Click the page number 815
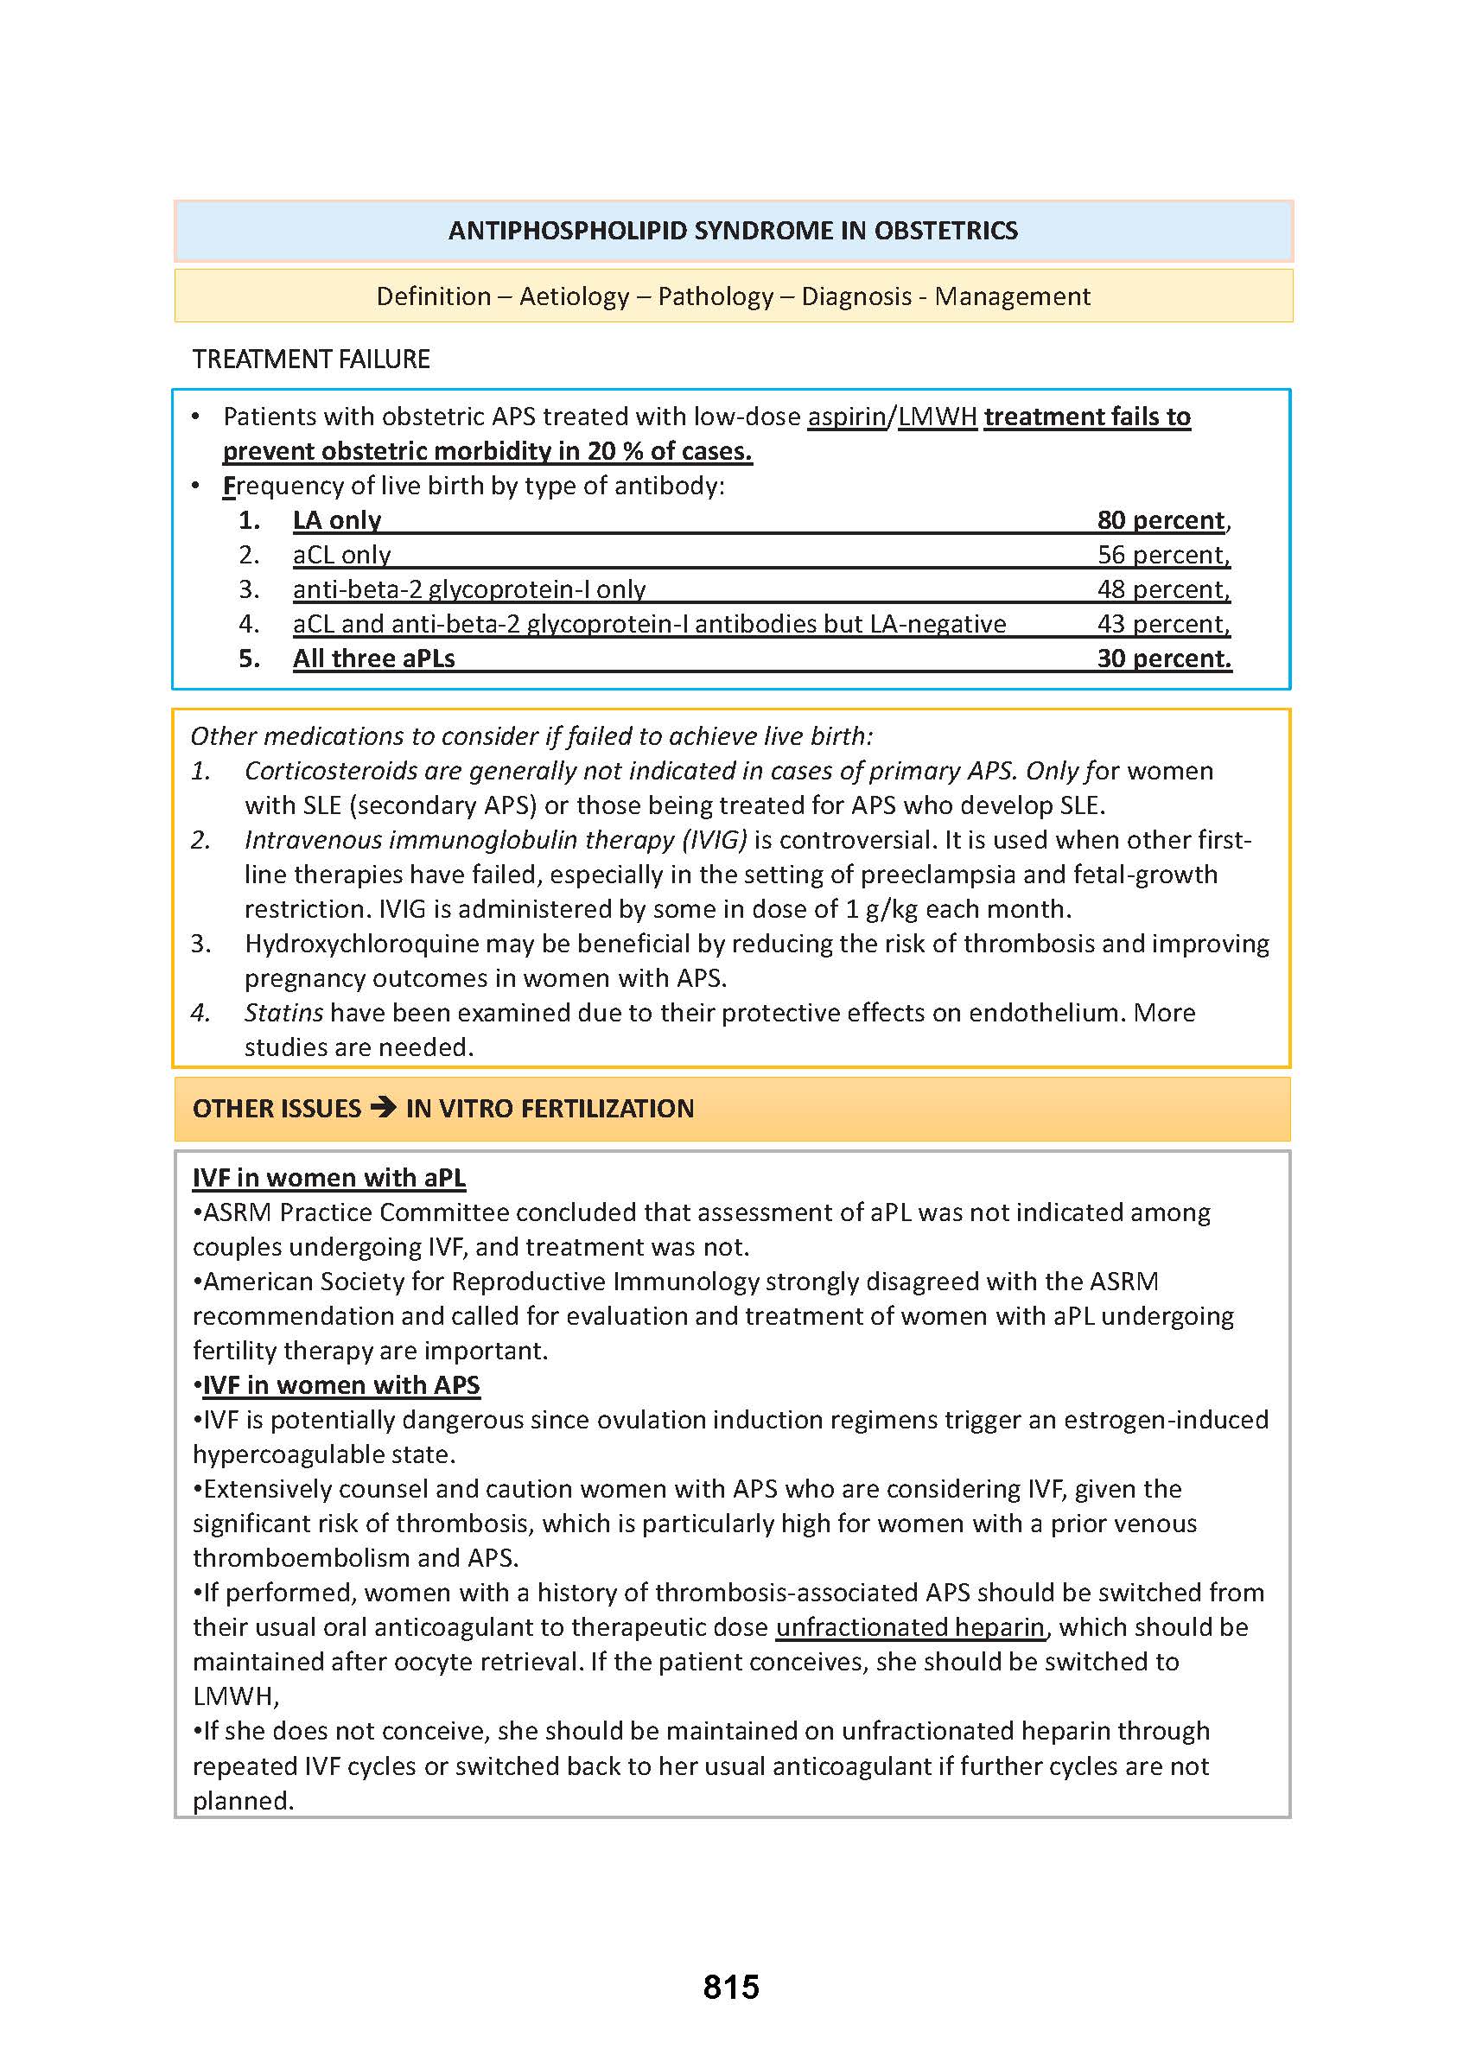(730, 1987)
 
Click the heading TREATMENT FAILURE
(311, 359)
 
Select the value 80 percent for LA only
(1161, 520)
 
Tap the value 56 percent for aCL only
(1162, 555)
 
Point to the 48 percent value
(1162, 589)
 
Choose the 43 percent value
(1162, 623)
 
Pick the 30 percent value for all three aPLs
(1163, 658)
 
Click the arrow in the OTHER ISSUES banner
(383, 1107)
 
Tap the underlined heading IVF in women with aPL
(329, 1178)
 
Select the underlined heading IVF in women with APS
(341, 1384)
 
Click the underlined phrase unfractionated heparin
(910, 1627)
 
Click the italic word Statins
(283, 1013)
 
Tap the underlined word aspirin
(846, 417)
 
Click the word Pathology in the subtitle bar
(716, 296)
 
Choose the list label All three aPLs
(374, 658)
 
